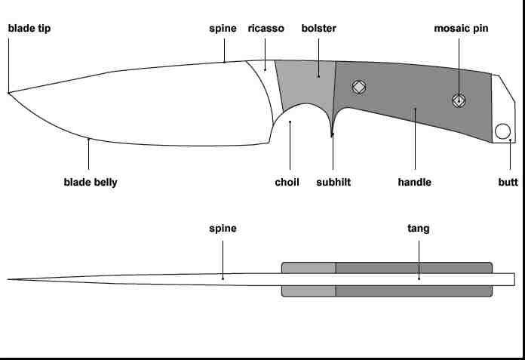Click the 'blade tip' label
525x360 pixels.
click(x=29, y=29)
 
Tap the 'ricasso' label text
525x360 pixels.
click(x=266, y=29)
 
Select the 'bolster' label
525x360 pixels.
click(x=318, y=29)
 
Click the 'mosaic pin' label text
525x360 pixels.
click(x=461, y=29)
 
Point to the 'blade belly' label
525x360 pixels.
click(x=91, y=182)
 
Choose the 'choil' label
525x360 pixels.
click(x=287, y=182)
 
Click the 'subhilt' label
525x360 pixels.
click(x=333, y=182)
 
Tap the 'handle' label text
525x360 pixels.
click(x=414, y=182)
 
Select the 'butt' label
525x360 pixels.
click(x=508, y=182)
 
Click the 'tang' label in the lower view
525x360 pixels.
click(x=419, y=228)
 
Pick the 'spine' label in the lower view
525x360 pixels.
click(x=223, y=228)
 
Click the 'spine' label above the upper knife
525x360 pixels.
click(x=223, y=29)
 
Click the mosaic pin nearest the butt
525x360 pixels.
click(x=459, y=99)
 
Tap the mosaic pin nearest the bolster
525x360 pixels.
click(x=359, y=87)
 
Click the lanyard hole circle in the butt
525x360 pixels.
click(x=502, y=132)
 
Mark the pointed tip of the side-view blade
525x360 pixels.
click(x=9, y=93)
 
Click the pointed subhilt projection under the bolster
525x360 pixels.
click(x=333, y=134)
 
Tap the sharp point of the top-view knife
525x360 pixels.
click(x=9, y=279)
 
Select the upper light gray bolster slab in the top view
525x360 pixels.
click(x=309, y=267)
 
